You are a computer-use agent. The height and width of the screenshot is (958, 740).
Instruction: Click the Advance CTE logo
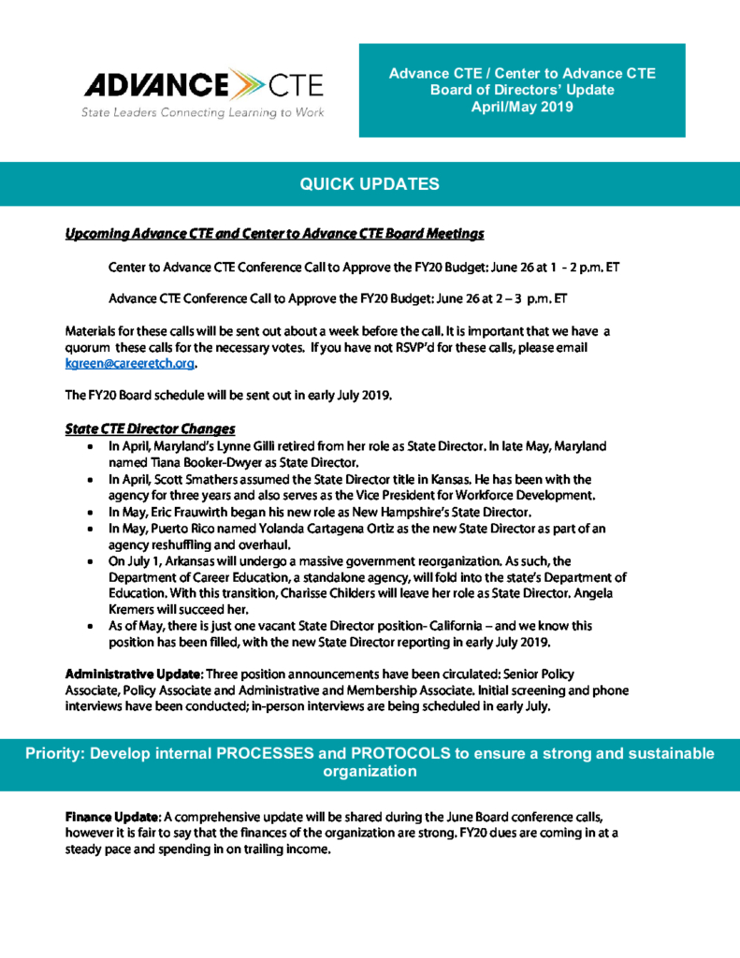(203, 86)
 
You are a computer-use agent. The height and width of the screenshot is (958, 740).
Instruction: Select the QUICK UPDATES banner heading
(370, 184)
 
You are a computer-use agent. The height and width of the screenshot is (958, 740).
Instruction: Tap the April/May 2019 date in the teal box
(522, 107)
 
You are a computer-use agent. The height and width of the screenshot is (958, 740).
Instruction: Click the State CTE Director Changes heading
(149, 428)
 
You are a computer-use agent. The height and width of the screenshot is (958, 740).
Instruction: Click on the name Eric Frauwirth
(196, 513)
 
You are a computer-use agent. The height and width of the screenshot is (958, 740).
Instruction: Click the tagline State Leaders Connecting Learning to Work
(202, 113)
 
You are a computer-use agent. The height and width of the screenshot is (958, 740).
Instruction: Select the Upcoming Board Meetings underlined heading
(273, 232)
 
